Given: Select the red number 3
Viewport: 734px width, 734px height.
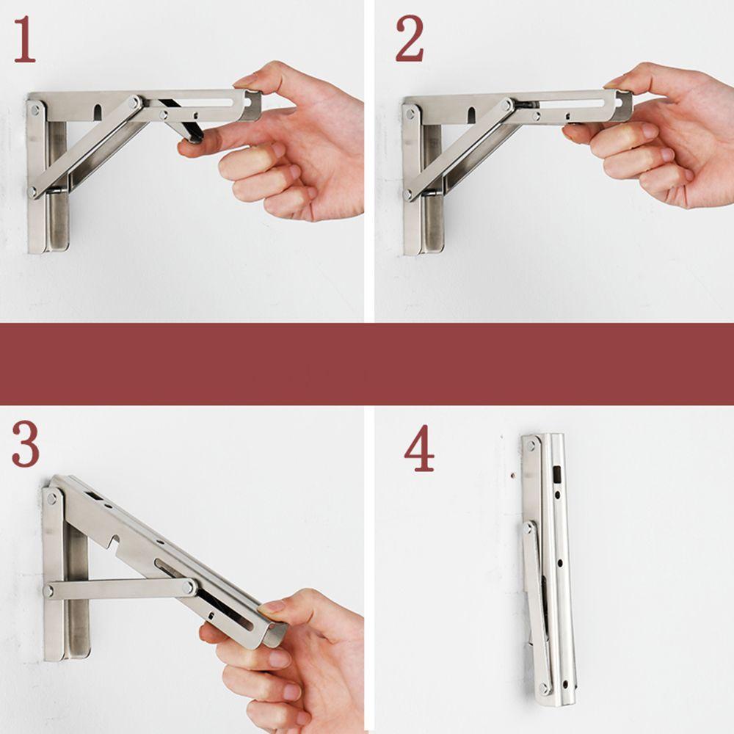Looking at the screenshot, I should [x=25, y=446].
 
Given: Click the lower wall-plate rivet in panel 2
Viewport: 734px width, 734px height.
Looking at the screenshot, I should [x=409, y=195].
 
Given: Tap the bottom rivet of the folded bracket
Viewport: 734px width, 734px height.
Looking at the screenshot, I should [x=544, y=688].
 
